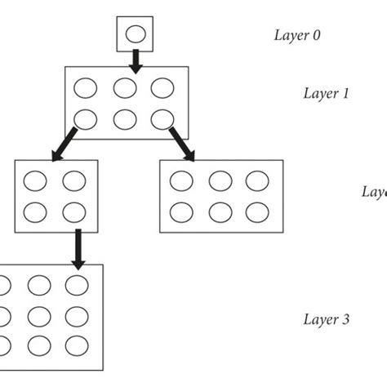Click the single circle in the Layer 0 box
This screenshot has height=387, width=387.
point(136,34)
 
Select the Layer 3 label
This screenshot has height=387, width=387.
point(326,318)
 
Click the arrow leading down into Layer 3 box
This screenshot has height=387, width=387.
point(78,248)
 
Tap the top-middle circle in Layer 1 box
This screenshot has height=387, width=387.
point(125,87)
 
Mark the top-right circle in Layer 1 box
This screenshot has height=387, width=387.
point(162,87)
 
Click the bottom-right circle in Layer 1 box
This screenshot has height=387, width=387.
point(162,119)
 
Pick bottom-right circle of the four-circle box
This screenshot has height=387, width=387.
point(74,212)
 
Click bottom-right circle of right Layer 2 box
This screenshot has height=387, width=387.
point(256,212)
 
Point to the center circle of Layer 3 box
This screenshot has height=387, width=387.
point(38,314)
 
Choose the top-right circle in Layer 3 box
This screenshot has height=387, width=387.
point(77,285)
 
